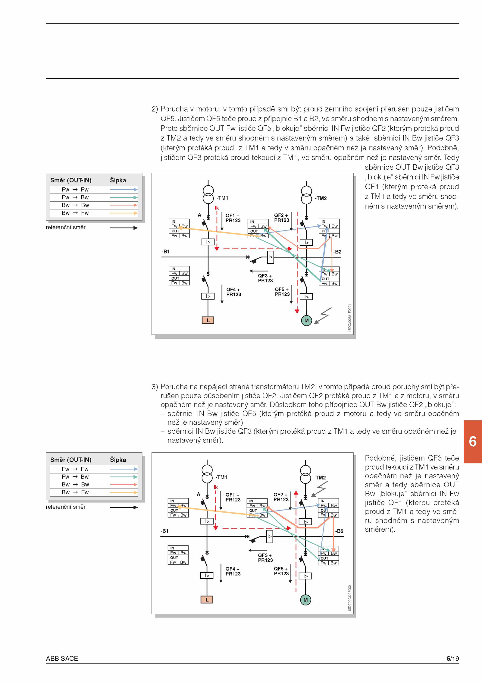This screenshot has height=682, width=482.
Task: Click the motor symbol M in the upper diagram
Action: (306, 320)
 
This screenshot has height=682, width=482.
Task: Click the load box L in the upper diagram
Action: (208, 320)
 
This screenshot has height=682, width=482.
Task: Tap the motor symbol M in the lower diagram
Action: (305, 600)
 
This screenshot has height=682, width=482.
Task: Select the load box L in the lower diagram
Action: (207, 600)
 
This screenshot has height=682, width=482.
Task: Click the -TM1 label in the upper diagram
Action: (222, 198)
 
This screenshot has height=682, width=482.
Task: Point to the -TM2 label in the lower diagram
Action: (320, 478)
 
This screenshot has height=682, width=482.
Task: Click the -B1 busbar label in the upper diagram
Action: (166, 251)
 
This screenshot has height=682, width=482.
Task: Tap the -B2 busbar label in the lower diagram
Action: (339, 531)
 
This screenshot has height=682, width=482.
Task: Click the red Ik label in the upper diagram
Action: (217, 208)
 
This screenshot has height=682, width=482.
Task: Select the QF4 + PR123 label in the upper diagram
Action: (234, 292)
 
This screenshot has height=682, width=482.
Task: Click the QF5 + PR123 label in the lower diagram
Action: (282, 571)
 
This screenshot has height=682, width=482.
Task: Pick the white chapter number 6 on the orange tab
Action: (473, 442)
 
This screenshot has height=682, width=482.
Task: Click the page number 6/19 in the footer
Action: (453, 658)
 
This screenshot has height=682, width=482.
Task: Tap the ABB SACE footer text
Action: (62, 658)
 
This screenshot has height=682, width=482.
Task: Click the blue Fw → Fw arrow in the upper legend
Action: (124, 190)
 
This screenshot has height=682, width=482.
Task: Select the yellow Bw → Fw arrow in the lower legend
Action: (124, 492)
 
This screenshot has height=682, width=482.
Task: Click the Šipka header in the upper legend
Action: (118, 180)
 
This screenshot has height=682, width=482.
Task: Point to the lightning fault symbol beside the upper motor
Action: (323, 316)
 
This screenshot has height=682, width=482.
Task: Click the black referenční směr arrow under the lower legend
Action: (124, 507)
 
